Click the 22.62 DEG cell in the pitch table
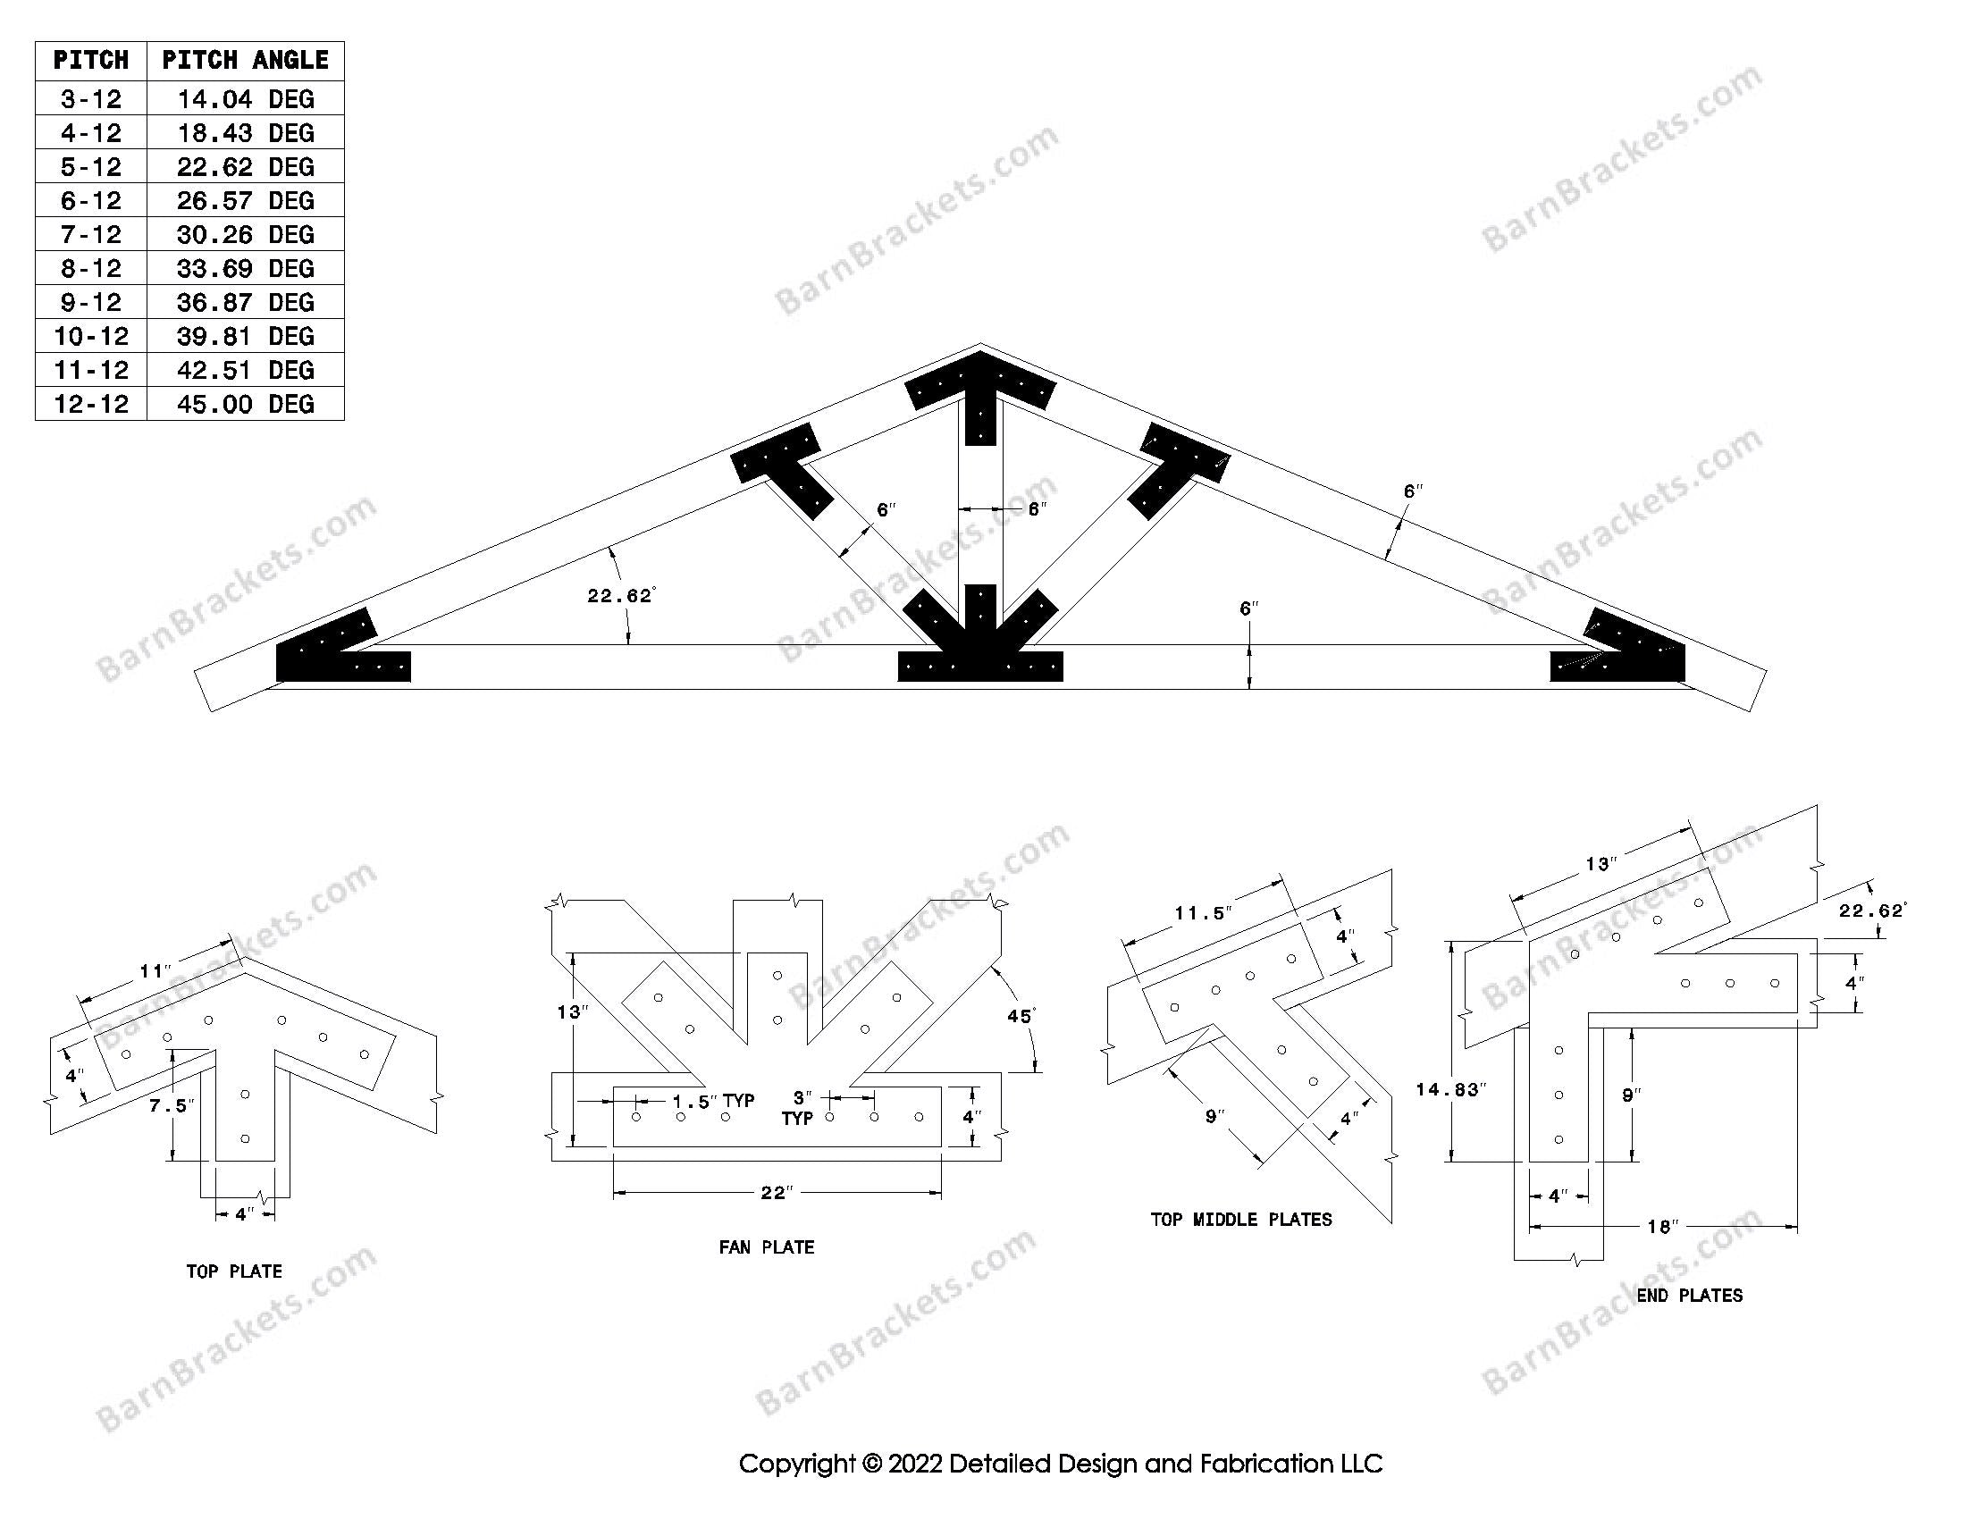click(245, 166)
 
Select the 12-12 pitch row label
click(91, 403)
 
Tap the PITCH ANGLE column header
click(245, 60)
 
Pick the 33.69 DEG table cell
click(245, 268)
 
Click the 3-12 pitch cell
click(91, 99)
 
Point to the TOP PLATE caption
click(234, 1271)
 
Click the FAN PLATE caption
click(766, 1247)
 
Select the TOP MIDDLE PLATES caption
click(1240, 1220)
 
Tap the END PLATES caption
click(1689, 1295)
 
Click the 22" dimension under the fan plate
click(776, 1192)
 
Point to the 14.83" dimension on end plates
click(1450, 1090)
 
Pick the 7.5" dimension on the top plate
click(170, 1105)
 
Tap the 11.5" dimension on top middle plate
click(1202, 913)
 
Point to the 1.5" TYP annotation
click(713, 1101)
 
